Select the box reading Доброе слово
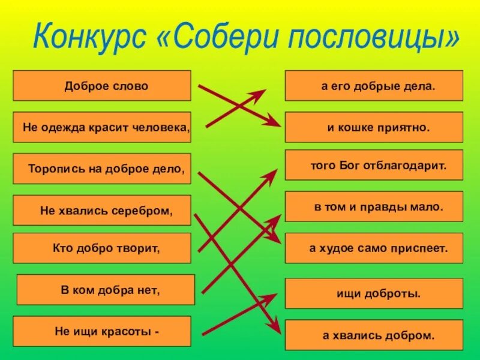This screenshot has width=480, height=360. tap(102, 86)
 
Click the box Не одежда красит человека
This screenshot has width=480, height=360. tap(102, 127)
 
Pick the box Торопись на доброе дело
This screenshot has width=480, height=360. tap(102, 169)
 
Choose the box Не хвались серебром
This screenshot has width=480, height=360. tap(102, 211)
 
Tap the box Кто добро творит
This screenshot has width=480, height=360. tap(102, 248)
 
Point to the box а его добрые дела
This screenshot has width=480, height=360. tap(374, 86)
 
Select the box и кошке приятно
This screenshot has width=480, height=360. tap(374, 127)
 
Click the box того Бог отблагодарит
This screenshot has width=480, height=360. tap(374, 166)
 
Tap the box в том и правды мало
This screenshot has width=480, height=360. tap(374, 207)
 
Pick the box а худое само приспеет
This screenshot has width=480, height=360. tap(374, 248)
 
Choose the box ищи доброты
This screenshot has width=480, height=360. tap(374, 293)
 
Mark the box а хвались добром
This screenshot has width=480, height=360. tap(374, 335)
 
